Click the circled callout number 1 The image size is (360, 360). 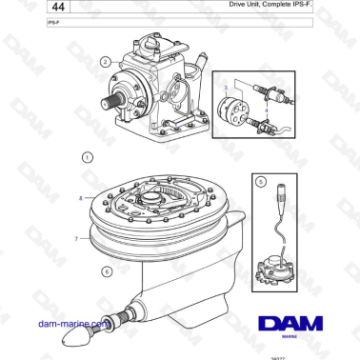88,156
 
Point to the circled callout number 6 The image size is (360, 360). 106,271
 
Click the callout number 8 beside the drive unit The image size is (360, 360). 81,197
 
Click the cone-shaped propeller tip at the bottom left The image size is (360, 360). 73,337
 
